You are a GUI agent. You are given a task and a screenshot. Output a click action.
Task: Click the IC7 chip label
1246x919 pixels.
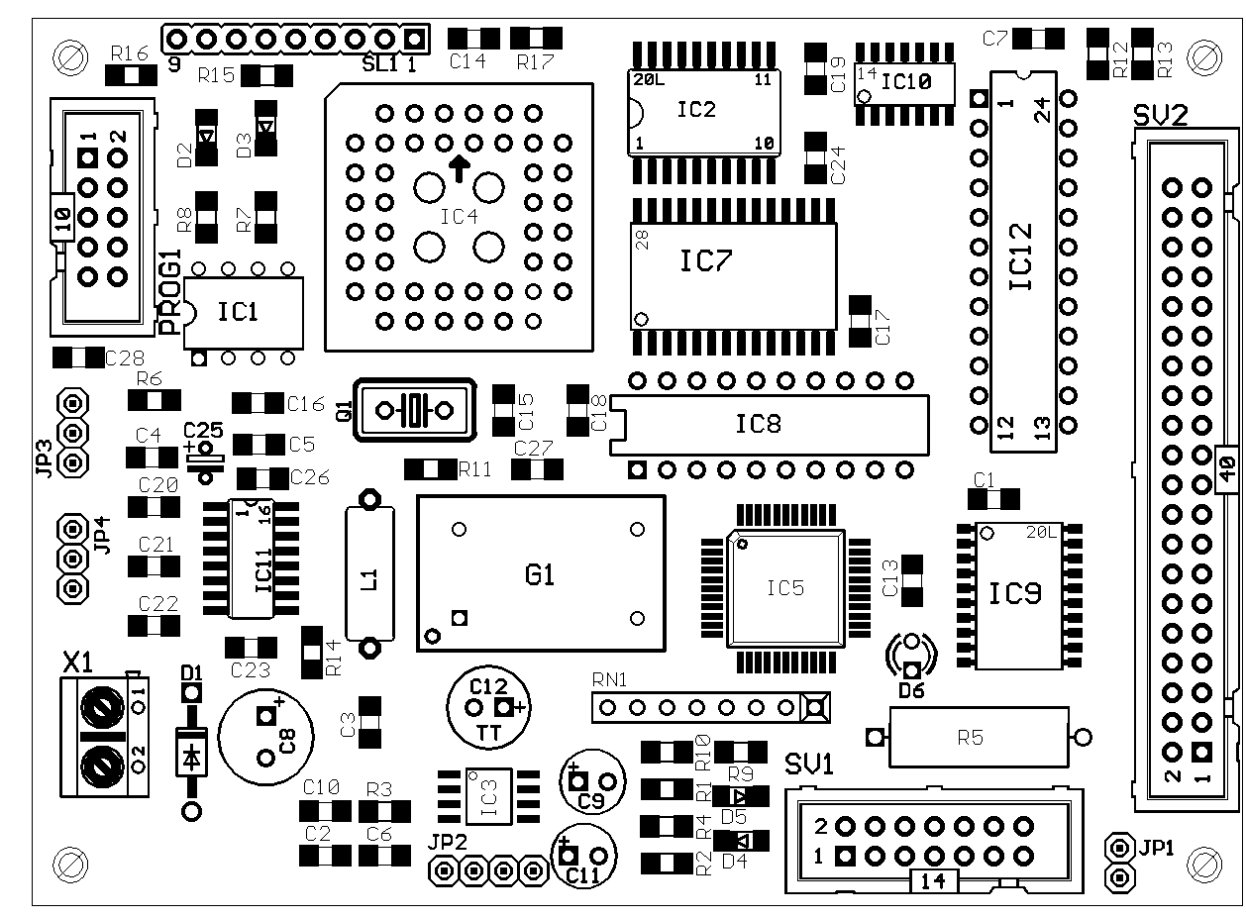(705, 261)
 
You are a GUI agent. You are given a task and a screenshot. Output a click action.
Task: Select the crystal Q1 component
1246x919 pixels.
(414, 408)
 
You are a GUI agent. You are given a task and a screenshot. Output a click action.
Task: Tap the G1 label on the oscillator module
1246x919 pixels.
(540, 574)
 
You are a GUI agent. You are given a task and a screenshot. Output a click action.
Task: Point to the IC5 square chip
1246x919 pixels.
(785, 588)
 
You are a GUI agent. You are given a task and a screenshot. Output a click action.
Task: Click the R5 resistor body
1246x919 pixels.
(977, 737)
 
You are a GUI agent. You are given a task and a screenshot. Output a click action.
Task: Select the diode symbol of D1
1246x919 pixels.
(190, 757)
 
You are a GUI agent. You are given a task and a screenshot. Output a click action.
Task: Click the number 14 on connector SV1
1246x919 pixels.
(933, 880)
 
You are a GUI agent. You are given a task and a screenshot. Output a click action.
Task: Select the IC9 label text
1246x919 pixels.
(1015, 594)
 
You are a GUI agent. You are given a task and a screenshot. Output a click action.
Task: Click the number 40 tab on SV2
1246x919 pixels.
(1225, 469)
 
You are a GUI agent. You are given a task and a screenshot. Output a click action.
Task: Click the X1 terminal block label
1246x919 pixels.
(79, 661)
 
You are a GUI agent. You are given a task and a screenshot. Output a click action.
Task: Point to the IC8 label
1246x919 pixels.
(758, 424)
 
